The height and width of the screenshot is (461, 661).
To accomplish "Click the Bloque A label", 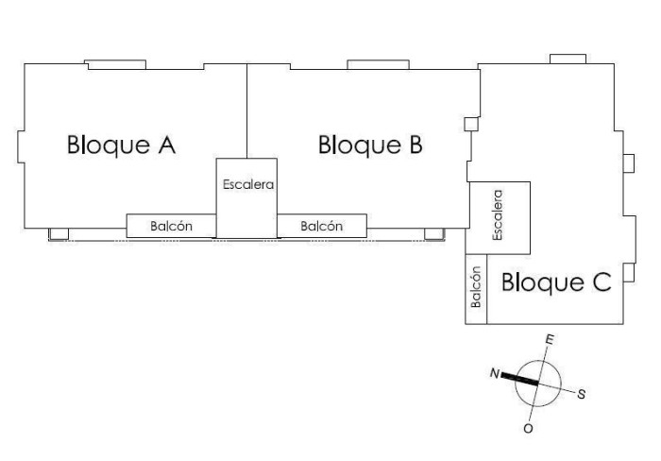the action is coord(121,145).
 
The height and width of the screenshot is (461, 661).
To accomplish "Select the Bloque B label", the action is coord(370,145).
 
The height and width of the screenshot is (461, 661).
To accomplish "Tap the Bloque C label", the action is coord(556,282).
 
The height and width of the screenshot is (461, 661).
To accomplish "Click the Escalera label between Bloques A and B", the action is coord(248,184).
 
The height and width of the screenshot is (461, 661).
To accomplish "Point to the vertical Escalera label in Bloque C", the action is coord(498,215).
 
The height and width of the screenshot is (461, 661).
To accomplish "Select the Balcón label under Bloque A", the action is coord(171,226).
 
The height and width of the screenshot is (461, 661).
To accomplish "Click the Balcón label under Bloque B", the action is coord(321,226).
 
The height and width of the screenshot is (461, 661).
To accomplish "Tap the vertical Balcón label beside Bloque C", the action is coord(476,287).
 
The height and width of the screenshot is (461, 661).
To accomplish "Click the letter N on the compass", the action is coord(495,374).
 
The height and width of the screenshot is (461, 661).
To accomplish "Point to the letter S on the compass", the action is coord(582,394).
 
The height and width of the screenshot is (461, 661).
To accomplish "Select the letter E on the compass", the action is coord(550,339).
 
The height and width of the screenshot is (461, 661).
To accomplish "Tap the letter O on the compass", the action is coord(528,429).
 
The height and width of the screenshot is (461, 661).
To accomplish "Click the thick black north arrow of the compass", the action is coord(519,379).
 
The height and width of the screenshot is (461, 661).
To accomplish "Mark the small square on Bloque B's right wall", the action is coord(471,124).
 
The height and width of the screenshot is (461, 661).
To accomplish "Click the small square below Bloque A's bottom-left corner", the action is coord(59,233).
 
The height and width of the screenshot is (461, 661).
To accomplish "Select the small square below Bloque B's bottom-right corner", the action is coord(434,233).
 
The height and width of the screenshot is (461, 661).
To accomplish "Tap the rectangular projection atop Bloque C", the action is coord(568,60).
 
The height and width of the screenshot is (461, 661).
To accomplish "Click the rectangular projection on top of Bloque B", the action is coord(378,64).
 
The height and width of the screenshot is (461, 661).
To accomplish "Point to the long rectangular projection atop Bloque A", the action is coord(115,64).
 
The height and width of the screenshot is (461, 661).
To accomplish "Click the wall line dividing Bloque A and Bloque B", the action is coord(247,111).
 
